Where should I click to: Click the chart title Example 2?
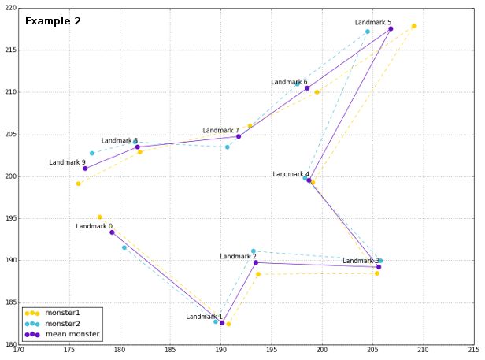coord(53,21)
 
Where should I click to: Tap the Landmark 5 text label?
coord(372,23)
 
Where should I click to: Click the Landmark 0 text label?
coord(94,226)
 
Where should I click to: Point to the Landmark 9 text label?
coord(67,162)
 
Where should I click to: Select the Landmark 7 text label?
coord(220,130)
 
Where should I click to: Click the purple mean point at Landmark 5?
coord(391,29)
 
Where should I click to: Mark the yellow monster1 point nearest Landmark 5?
coord(413,26)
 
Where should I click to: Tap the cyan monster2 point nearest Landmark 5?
coord(368,32)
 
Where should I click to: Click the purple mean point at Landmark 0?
coord(112,232)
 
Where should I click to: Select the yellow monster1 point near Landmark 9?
coord(78,184)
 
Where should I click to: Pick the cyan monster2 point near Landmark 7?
coord(228,147)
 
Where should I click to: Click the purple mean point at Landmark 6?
coord(307,88)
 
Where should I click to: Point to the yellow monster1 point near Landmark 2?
coord(257,274)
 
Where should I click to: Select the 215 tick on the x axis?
coord(473,351)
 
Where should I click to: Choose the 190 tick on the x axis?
coord(221,351)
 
